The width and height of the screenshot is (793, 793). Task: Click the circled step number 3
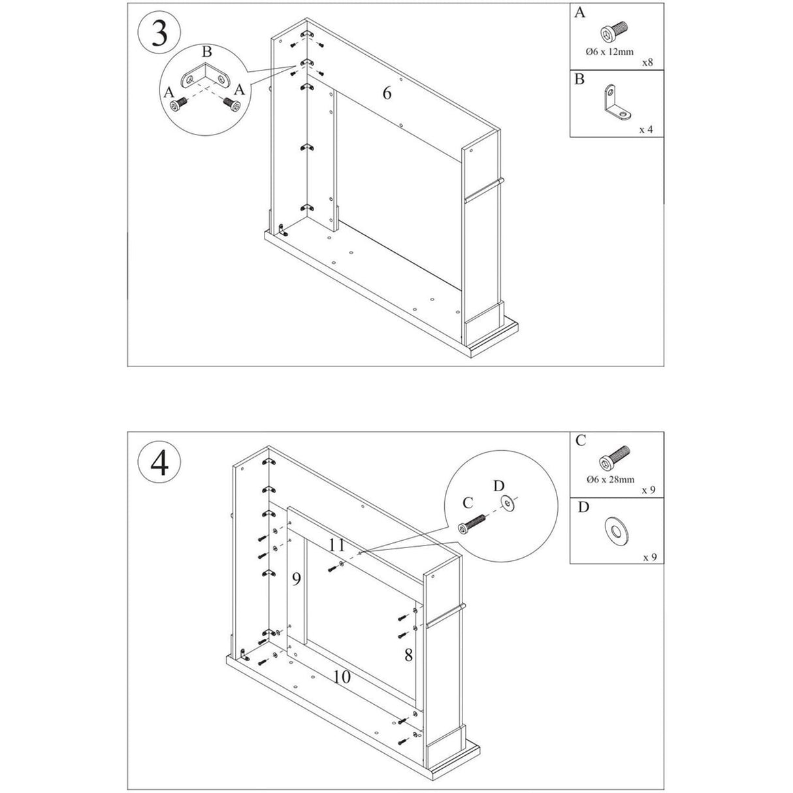[x=159, y=33]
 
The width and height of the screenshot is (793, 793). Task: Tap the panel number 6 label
[x=387, y=93]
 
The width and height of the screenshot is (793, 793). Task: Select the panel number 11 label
[x=337, y=545]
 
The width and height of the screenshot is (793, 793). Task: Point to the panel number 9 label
[x=297, y=578]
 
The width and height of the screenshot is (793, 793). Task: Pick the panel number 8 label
[x=408, y=655]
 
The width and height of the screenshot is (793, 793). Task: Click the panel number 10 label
[x=342, y=677]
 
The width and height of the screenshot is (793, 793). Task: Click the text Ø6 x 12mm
[x=610, y=52]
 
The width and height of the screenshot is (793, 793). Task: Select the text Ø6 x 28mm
[x=611, y=479]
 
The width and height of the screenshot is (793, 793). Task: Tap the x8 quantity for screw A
[x=647, y=63]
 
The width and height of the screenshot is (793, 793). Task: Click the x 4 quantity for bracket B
[x=645, y=129]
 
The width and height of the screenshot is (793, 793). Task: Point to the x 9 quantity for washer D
[x=648, y=557]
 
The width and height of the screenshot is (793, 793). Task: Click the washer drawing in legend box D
[x=615, y=528]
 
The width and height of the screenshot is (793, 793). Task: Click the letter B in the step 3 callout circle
[x=206, y=52]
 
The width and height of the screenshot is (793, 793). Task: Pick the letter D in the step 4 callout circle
[x=498, y=485]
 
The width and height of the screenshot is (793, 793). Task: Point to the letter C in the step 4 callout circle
[x=467, y=502]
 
